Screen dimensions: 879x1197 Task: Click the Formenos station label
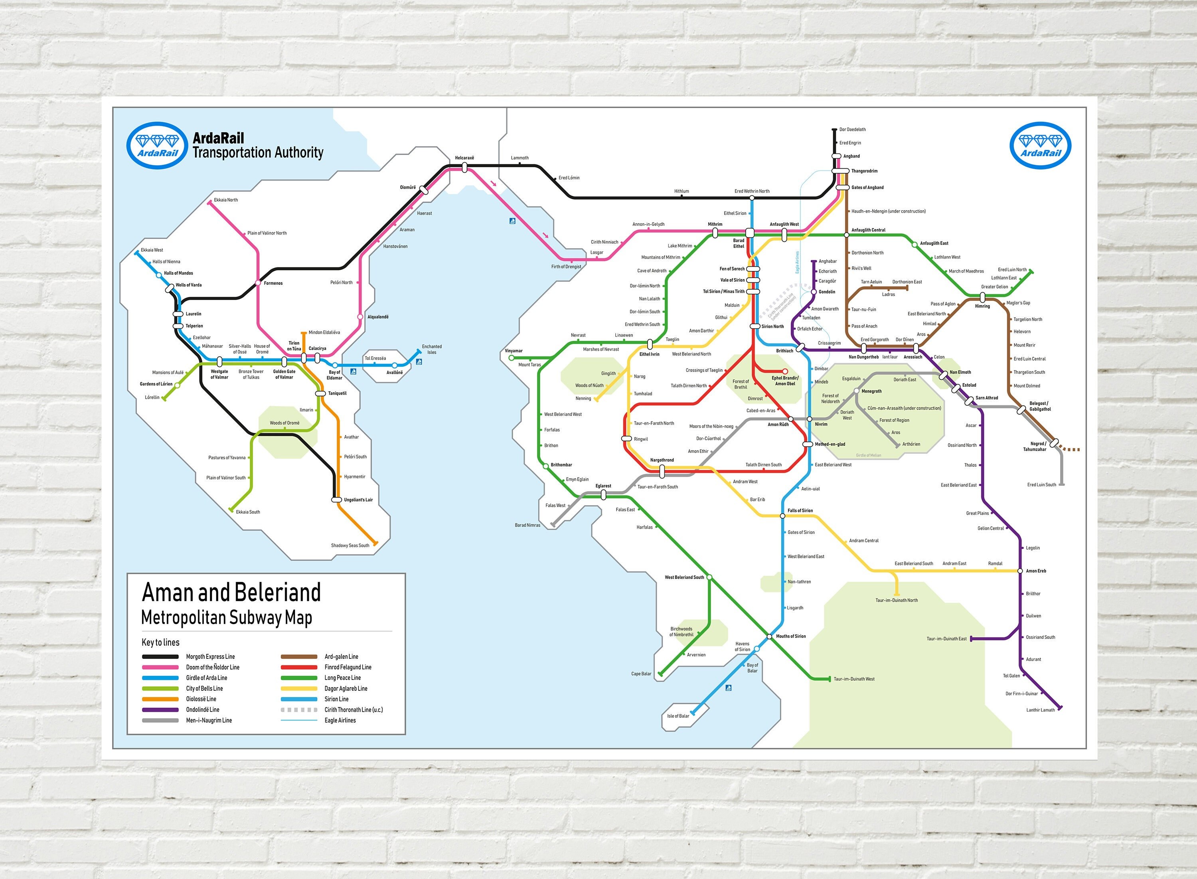pyautogui.click(x=273, y=283)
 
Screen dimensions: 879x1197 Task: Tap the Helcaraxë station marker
pyautogui.click(x=464, y=168)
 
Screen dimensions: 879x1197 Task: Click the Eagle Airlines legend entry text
pyautogui.click(x=340, y=721)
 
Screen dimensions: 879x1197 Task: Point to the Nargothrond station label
pyautogui.click(x=662, y=460)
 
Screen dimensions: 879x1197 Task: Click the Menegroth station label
pyautogui.click(x=871, y=391)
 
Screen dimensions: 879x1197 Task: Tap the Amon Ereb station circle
pyautogui.click(x=1020, y=571)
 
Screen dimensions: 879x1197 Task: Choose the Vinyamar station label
pyautogui.click(x=514, y=351)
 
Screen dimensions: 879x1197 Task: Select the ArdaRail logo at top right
pyautogui.click(x=1040, y=146)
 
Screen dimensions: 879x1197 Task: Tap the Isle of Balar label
pyautogui.click(x=678, y=716)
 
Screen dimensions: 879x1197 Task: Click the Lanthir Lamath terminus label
pyautogui.click(x=1040, y=710)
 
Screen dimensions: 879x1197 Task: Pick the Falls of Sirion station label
pyautogui.click(x=800, y=510)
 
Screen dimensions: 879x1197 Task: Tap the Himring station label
pyautogui.click(x=982, y=306)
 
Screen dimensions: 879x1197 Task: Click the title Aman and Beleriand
pyautogui.click(x=231, y=592)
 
